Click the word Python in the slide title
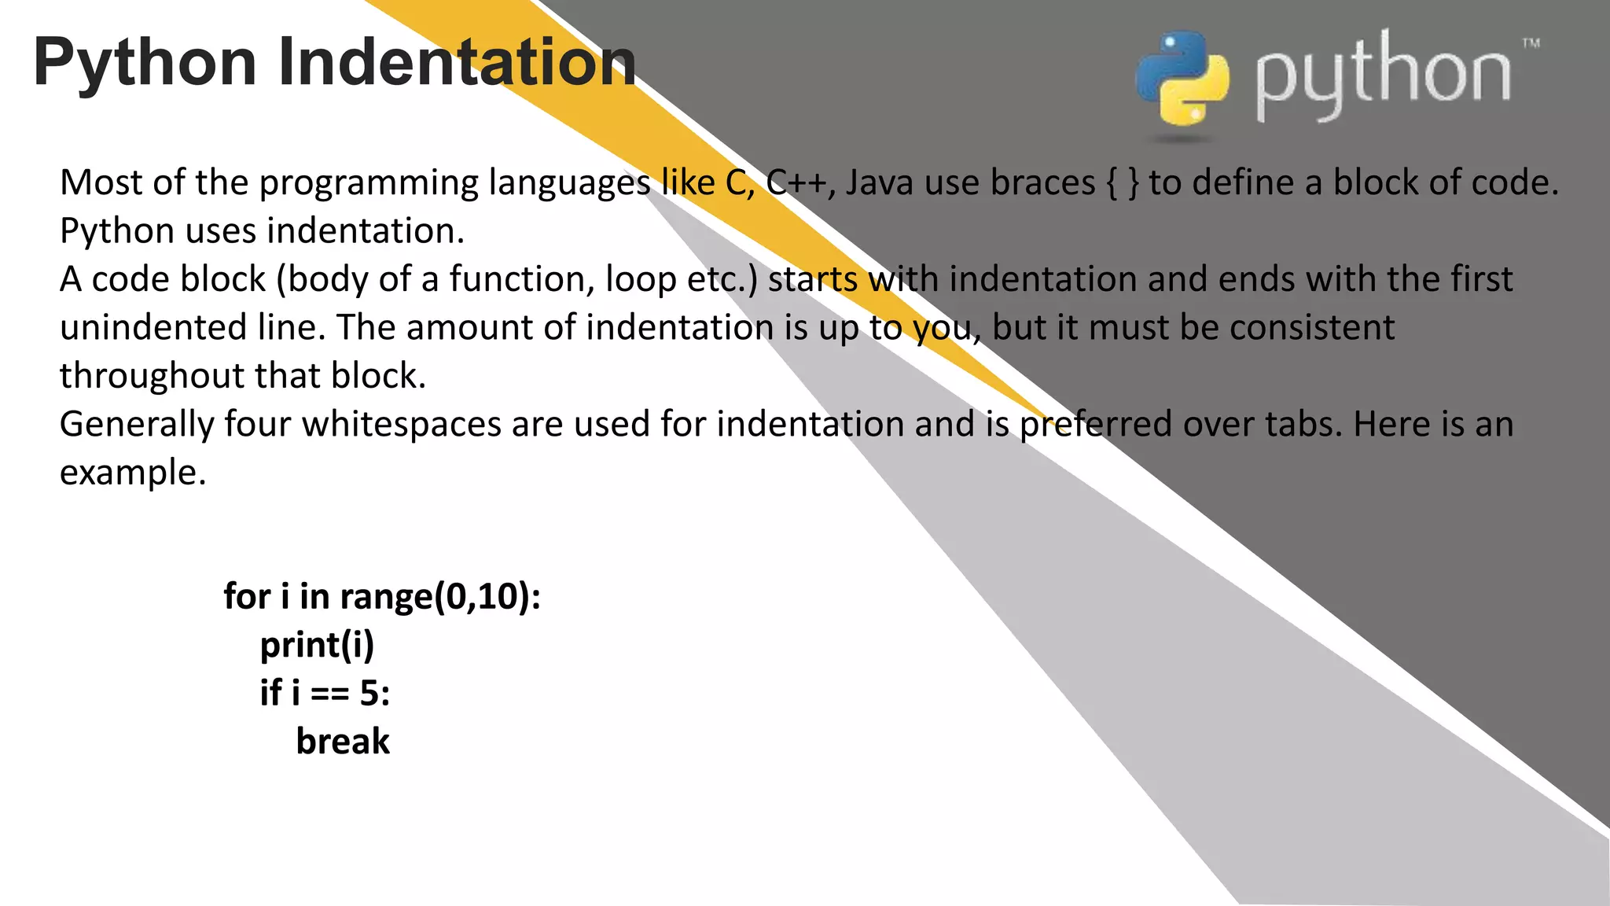point(145,63)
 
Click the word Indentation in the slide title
point(457,63)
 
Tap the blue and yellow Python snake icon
point(1182,79)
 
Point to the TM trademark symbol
point(1531,43)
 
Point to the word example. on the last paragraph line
point(133,473)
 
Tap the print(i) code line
point(317,646)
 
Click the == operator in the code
point(330,694)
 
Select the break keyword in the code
point(343,742)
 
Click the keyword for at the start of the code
point(247,596)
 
